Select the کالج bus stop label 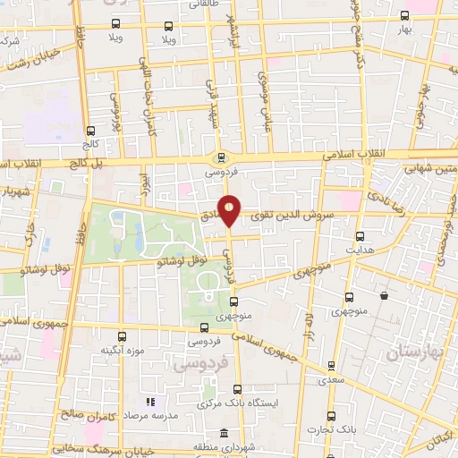(89, 142)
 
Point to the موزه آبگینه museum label (123, 350)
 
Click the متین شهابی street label (429, 167)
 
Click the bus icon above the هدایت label (360, 237)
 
